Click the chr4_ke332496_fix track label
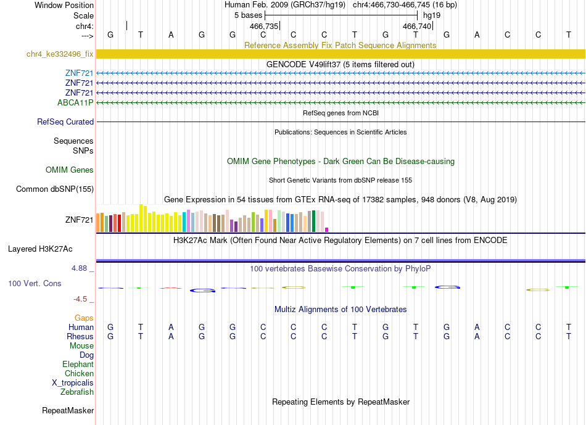[60, 54]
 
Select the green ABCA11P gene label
[75, 103]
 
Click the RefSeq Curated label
[65, 122]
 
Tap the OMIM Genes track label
[70, 170]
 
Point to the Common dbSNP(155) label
[55, 189]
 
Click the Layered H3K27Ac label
[40, 249]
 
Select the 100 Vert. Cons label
[35, 283]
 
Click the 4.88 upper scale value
[79, 268]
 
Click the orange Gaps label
[84, 318]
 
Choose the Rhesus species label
[80, 336]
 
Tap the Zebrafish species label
[77, 392]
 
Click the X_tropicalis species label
[73, 383]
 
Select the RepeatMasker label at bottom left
[68, 410]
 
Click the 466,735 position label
[264, 26]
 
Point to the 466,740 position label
[417, 26]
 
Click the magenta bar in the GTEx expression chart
[327, 230]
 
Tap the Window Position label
[64, 5]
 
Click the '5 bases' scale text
[249, 15]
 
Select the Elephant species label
[78, 365]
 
